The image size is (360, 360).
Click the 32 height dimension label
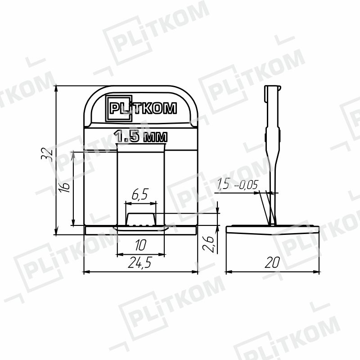(47, 154)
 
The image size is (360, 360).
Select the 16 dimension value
(64, 187)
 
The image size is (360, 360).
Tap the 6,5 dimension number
(140, 194)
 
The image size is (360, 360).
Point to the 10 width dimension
(140, 245)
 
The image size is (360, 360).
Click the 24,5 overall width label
(140, 262)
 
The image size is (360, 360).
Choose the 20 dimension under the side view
(273, 262)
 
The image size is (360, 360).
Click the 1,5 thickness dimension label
(223, 184)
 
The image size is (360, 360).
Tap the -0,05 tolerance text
(245, 185)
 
